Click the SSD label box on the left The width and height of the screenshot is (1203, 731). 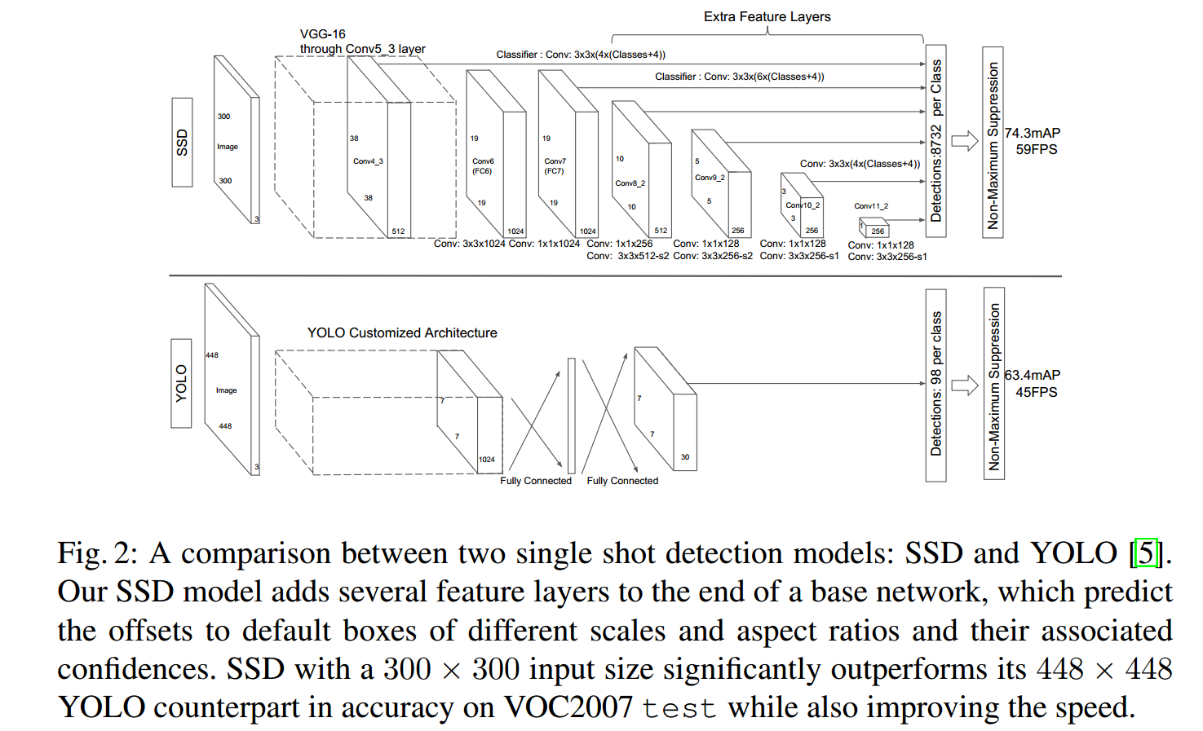click(182, 143)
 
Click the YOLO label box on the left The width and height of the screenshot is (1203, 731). click(181, 383)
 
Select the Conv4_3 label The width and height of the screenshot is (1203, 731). click(368, 161)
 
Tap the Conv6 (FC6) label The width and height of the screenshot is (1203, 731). click(482, 166)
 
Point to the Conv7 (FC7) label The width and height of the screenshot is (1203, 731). click(555, 166)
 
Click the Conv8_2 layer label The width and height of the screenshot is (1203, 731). click(630, 183)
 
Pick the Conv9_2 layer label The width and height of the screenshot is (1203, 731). click(710, 178)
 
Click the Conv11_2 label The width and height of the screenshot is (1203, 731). click(871, 206)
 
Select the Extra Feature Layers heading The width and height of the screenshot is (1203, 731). click(767, 16)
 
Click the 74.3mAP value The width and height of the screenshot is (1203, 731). click(1033, 133)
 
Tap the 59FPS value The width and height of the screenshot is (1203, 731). click(1036, 150)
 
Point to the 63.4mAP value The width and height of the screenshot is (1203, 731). click(1033, 375)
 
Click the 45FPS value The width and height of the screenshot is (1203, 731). click(1036, 392)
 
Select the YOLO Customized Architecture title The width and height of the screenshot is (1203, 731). click(402, 332)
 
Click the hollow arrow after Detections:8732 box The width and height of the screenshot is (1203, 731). click(965, 141)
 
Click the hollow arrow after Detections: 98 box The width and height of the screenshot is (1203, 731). click(965, 385)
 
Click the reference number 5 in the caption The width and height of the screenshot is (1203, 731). click(1147, 553)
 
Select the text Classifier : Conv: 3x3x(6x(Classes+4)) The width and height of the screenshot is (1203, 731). click(739, 77)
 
